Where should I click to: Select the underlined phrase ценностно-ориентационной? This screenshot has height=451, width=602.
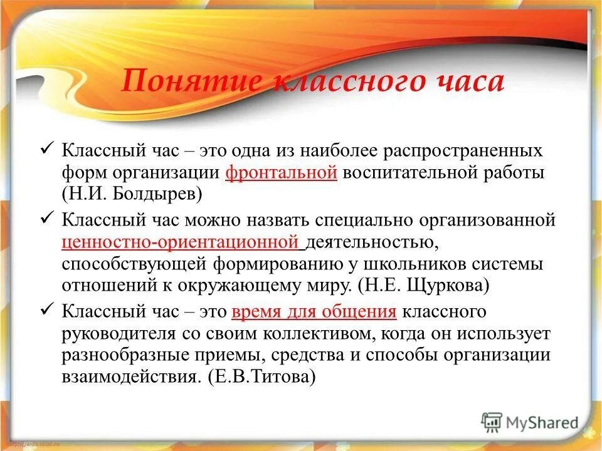tap(179, 241)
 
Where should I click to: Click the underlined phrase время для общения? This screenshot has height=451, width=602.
tap(314, 311)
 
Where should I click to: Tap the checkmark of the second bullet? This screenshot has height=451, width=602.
tap(49, 219)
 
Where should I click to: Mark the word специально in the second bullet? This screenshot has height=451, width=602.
tap(367, 220)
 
